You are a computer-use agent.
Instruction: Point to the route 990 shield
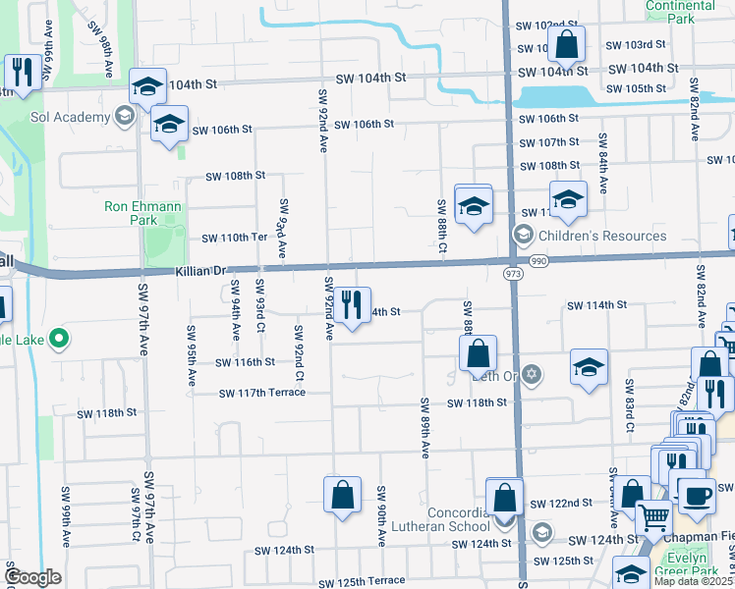tap(537, 262)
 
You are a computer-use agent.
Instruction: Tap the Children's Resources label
tap(601, 236)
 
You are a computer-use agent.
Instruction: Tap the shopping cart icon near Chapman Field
tap(653, 517)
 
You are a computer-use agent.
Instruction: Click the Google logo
tap(32, 576)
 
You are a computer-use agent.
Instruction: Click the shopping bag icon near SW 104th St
tap(567, 44)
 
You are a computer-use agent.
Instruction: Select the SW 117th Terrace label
tap(262, 393)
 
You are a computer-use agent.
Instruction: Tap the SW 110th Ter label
tap(235, 238)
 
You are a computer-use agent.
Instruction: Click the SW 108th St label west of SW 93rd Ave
tap(235, 176)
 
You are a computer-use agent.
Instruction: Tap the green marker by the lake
tap(59, 340)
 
